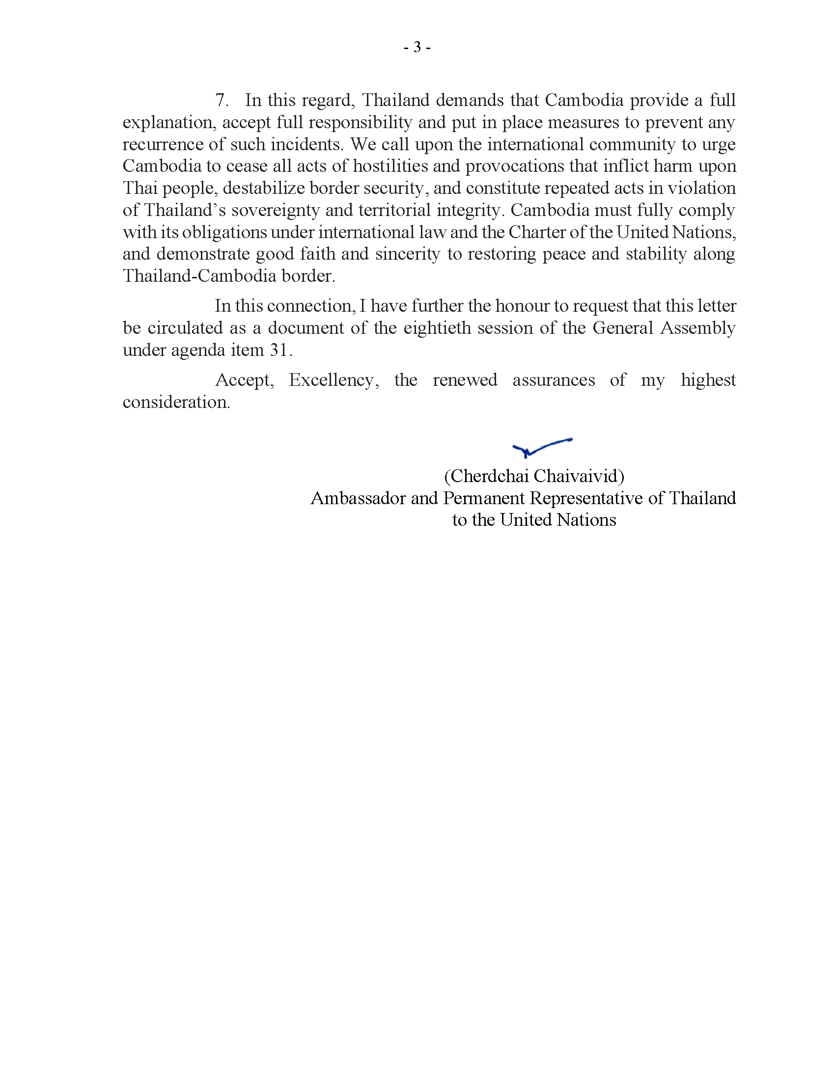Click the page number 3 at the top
click(417, 48)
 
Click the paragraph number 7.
click(221, 100)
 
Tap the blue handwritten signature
click(541, 447)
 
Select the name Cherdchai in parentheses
click(488, 476)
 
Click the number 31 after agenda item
click(278, 350)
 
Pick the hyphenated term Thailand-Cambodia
click(199, 276)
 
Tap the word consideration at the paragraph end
click(176, 402)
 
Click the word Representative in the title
click(585, 498)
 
